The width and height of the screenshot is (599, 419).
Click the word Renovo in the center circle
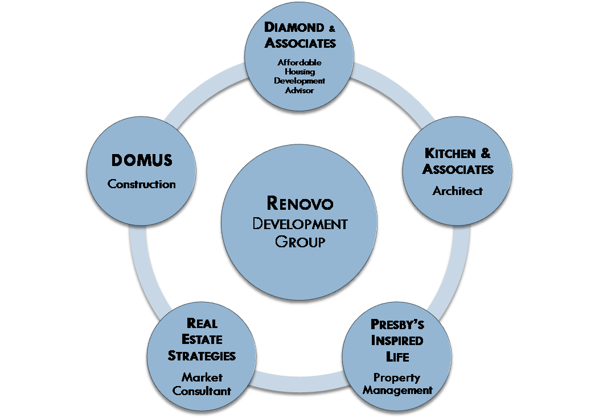coord(299,203)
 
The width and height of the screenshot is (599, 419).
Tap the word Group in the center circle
coord(299,241)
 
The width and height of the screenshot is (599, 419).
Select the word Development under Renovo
coord(299,223)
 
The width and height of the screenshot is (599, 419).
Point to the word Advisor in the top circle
coord(299,90)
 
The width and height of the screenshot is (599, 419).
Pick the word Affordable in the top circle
coord(299,62)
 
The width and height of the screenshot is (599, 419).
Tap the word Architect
coord(457,191)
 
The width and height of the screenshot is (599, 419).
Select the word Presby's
coord(397,325)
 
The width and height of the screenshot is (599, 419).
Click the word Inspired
coord(397,341)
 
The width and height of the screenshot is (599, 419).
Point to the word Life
coord(397,357)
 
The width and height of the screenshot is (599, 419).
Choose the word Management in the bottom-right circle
coord(397,391)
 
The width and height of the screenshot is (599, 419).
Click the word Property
coord(397,377)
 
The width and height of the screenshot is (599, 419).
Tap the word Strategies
coord(202,356)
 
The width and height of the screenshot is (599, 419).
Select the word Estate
coord(202,339)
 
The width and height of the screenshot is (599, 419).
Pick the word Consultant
coord(202,391)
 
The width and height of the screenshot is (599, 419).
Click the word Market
coord(202,377)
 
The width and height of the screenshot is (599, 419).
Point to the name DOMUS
coord(142,161)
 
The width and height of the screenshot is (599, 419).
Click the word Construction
coord(142,184)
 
